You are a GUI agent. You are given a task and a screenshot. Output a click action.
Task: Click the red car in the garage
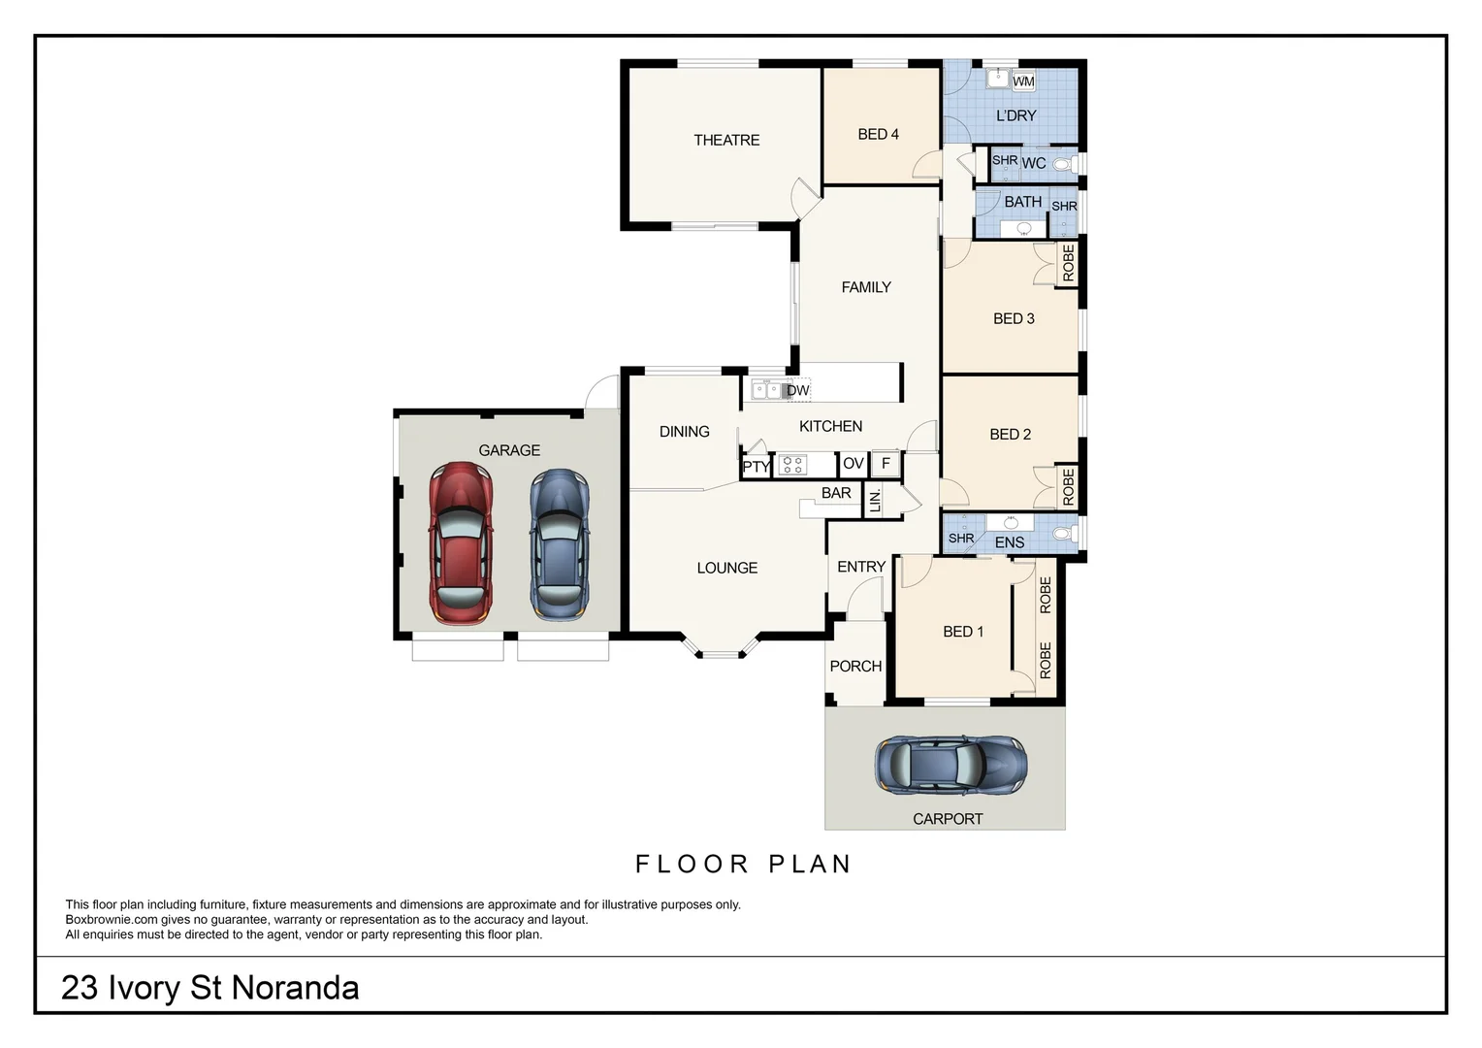[x=462, y=543]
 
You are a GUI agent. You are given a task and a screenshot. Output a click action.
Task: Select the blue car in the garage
[x=559, y=544]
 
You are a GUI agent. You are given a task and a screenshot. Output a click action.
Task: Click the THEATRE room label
[x=726, y=141]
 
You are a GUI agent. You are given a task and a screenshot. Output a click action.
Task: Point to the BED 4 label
[x=878, y=135]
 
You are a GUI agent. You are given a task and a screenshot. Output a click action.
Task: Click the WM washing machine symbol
[x=1023, y=82]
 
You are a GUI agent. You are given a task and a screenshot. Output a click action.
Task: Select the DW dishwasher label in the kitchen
[x=797, y=391]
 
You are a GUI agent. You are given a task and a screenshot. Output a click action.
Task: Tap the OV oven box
[x=853, y=464]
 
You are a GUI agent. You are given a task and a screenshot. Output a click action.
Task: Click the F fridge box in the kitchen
[x=886, y=464]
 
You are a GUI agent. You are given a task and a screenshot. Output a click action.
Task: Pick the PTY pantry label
[x=756, y=467]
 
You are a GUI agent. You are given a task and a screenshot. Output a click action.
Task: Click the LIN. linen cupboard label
[x=875, y=501]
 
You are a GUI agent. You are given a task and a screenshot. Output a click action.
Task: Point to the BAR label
[x=836, y=493]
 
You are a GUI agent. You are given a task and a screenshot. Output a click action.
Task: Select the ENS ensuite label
[x=1010, y=542]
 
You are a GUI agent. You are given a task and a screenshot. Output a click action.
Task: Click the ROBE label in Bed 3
[x=1068, y=263]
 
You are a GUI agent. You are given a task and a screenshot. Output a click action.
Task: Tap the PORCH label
[x=855, y=667]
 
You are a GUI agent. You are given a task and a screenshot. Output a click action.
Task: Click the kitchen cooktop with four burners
[x=792, y=465]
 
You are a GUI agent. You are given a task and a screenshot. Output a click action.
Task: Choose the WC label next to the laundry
[x=1034, y=164]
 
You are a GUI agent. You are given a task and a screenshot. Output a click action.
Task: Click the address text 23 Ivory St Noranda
[x=209, y=988]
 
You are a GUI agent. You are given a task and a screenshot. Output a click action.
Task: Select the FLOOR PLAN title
[x=743, y=864]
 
